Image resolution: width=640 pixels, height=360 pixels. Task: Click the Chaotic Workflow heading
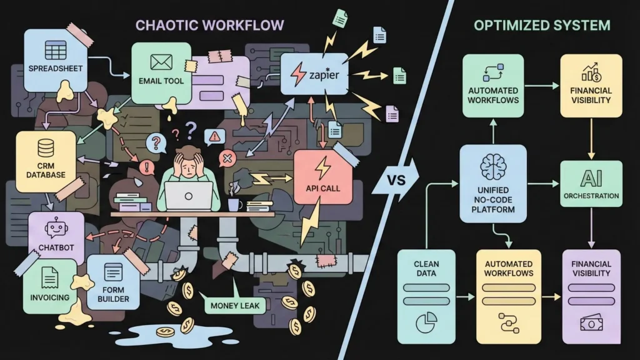pos(211,25)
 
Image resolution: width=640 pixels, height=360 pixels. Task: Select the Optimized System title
pos(541,25)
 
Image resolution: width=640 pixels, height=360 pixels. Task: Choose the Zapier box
pos(314,74)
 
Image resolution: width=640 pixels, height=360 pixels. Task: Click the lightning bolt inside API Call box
pos(322,167)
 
